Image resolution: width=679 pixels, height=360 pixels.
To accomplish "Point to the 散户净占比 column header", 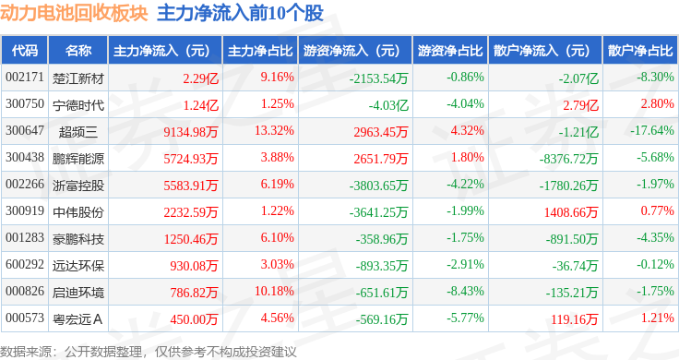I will pos(638,50).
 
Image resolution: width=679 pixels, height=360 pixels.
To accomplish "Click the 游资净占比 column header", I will pos(449,50).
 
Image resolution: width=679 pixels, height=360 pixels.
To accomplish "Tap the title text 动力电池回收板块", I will pos(74,15).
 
